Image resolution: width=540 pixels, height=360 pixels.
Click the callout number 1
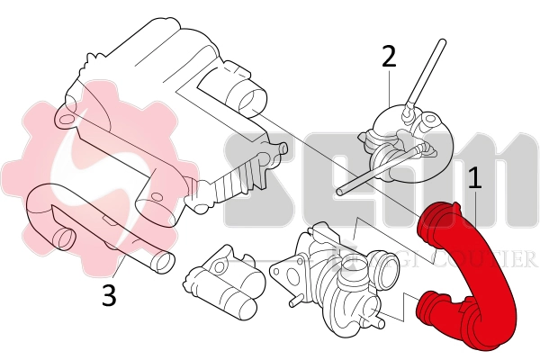tap(474, 176)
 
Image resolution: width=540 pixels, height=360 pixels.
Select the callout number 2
tap(389, 56)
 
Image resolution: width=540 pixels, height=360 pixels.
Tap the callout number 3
tap(109, 296)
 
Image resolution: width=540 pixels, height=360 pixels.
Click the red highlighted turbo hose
tap(477, 279)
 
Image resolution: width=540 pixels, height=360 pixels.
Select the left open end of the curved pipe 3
tap(63, 238)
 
